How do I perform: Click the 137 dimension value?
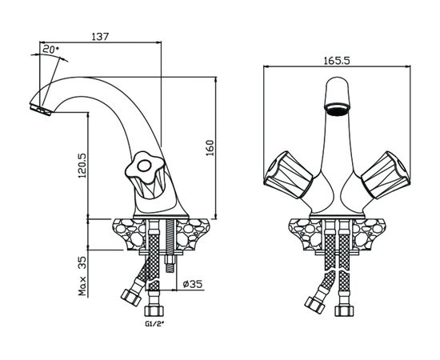click(x=100, y=37)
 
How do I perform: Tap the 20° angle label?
click(x=50, y=50)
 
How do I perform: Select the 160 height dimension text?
click(x=210, y=148)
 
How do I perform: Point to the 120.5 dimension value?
click(x=82, y=166)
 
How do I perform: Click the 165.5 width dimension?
click(x=337, y=61)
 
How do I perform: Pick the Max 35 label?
click(x=82, y=275)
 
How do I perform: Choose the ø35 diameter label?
click(x=193, y=284)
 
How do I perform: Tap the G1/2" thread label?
click(x=154, y=324)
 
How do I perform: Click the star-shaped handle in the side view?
click(x=144, y=168)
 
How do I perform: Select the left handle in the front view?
click(x=288, y=175)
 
